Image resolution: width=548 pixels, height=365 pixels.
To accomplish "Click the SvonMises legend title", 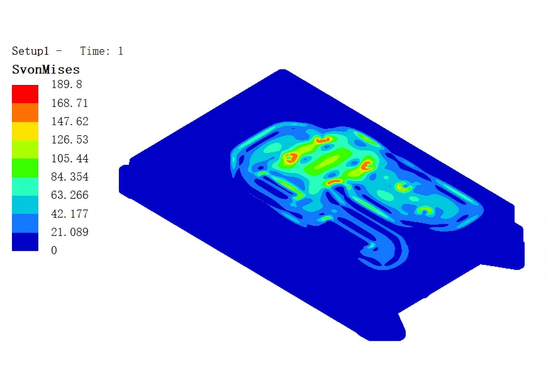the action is point(46,70).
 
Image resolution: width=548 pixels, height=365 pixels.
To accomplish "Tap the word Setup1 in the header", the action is point(30,51).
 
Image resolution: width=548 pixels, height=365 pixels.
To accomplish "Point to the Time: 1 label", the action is point(102,51).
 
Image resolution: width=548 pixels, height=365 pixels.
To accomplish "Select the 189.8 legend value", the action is point(67,84).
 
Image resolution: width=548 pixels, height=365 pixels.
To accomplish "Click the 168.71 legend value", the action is point(70,103).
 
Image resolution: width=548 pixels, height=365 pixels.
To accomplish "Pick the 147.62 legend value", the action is point(70,121).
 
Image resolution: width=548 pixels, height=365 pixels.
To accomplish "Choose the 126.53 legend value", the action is point(70,140).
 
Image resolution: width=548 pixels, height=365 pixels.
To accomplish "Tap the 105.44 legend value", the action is point(70,159).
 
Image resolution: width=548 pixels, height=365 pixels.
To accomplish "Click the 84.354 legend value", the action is point(70,177).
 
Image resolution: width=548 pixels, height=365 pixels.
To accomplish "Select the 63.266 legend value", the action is point(70,195).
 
